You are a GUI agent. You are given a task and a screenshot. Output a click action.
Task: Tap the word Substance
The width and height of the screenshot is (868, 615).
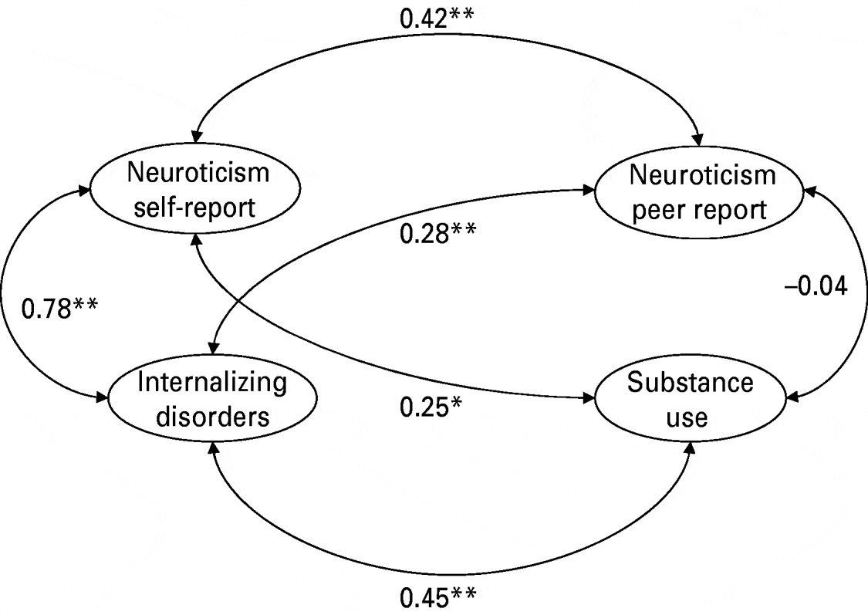[690, 384]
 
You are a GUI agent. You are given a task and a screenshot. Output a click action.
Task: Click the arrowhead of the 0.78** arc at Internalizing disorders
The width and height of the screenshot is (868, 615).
[103, 398]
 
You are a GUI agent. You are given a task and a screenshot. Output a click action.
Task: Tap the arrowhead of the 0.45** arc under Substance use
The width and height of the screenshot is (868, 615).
[689, 449]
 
